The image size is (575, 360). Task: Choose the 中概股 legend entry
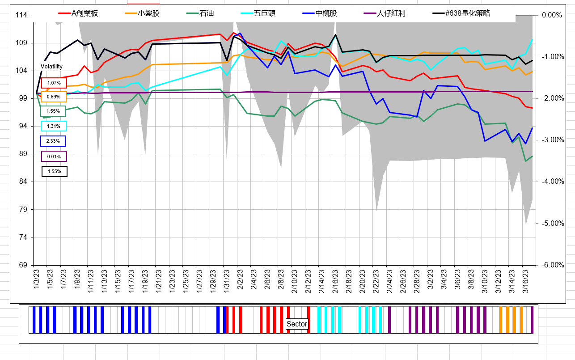326,13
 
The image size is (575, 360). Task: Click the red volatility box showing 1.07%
54,83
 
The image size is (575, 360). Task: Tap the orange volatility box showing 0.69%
54,97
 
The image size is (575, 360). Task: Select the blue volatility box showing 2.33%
53,141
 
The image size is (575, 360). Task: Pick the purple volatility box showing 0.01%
54,156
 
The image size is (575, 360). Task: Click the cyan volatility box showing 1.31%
54,126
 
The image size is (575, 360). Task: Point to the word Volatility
51,66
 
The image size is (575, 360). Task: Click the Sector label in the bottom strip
297,324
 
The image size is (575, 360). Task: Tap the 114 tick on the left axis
21,15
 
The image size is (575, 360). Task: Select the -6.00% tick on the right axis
552,265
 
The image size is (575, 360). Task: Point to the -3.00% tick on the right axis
552,140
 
